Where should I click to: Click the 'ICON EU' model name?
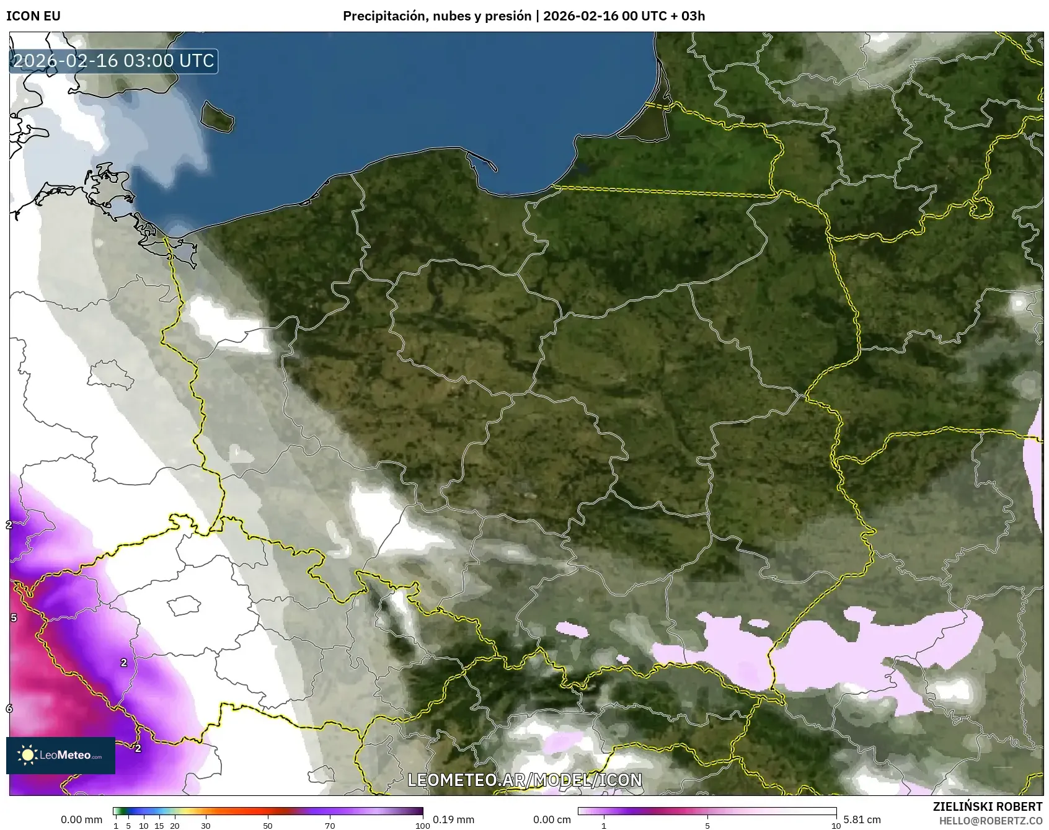click(33, 16)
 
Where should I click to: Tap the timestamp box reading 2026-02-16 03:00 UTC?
click(113, 61)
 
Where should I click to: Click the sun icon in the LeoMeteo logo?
click(27, 755)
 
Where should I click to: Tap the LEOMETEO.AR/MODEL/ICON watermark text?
click(524, 780)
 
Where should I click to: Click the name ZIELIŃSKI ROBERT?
click(987, 806)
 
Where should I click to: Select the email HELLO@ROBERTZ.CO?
click(990, 821)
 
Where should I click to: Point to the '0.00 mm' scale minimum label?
click(81, 819)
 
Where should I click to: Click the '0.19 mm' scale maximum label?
click(453, 819)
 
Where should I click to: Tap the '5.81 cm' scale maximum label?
click(862, 819)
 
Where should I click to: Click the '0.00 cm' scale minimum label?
click(552, 819)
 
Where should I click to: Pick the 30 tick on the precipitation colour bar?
click(206, 826)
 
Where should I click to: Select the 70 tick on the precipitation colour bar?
click(330, 826)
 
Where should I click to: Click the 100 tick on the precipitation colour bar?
click(422, 826)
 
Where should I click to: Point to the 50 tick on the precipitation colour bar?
click(268, 826)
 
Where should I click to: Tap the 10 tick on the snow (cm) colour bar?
click(836, 826)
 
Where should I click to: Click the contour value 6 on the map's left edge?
click(9, 708)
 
